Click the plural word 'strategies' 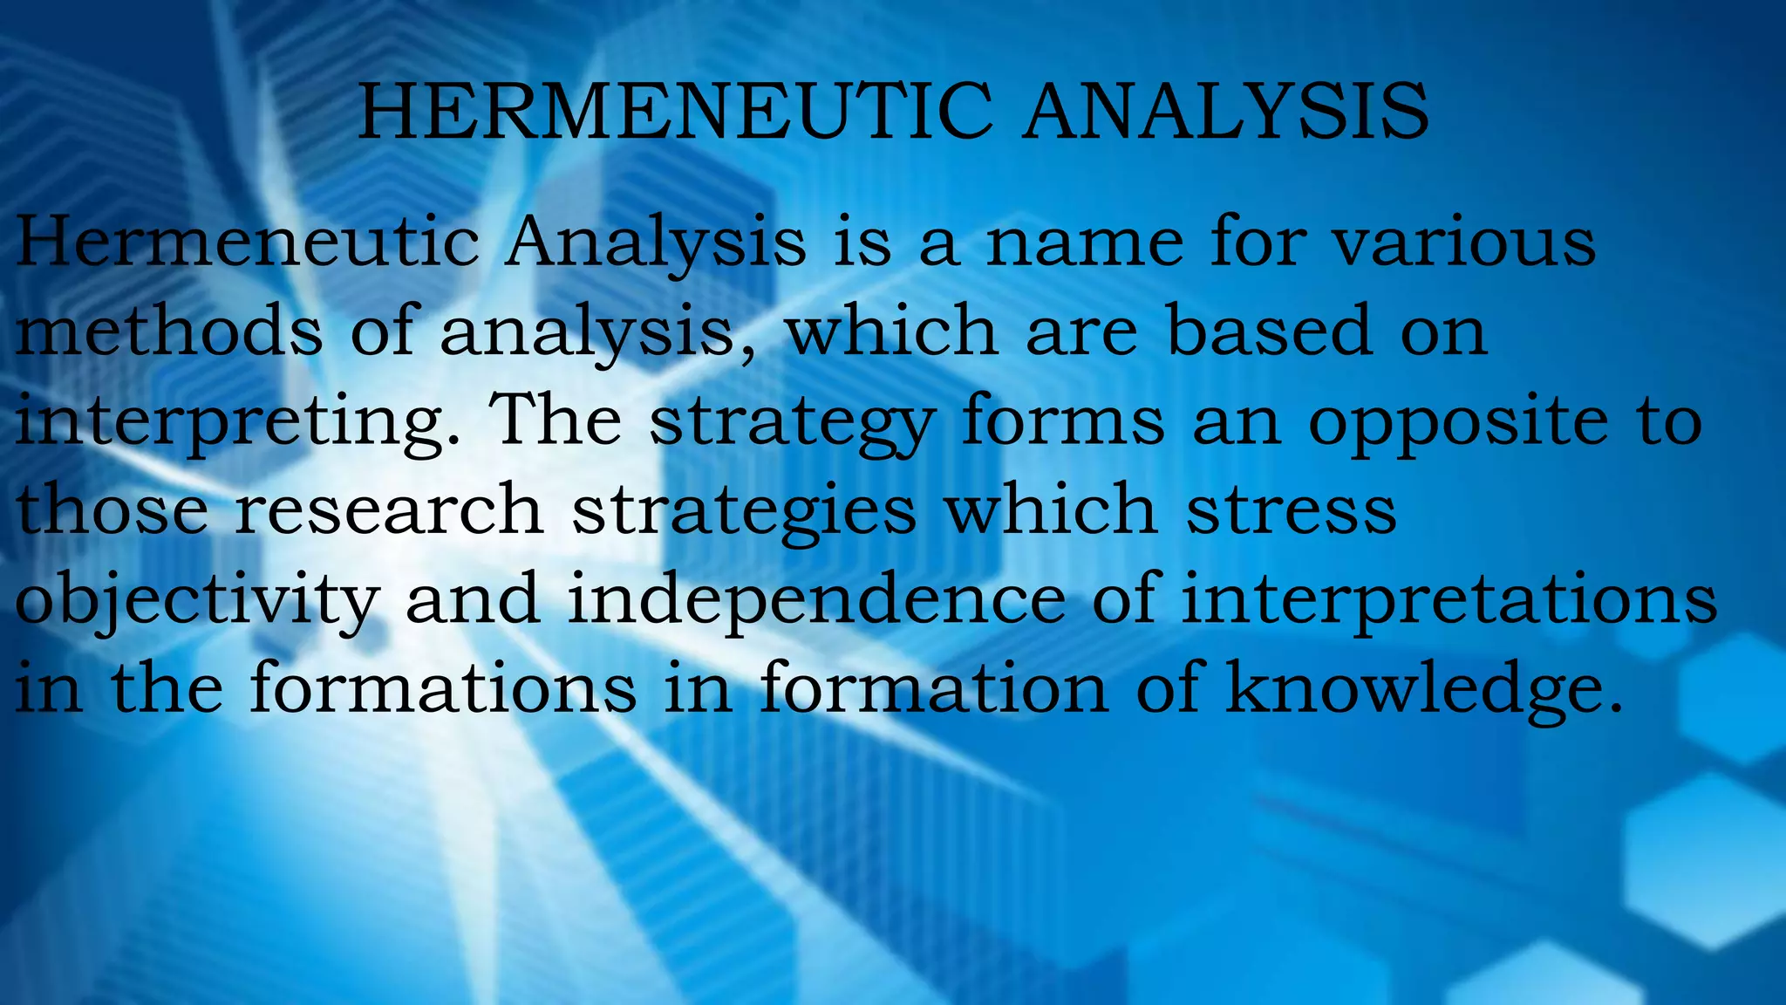tap(744, 513)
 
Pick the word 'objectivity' tap(197, 602)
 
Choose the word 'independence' tap(816, 602)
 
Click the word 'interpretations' tap(1449, 602)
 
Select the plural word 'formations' tap(443, 689)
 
